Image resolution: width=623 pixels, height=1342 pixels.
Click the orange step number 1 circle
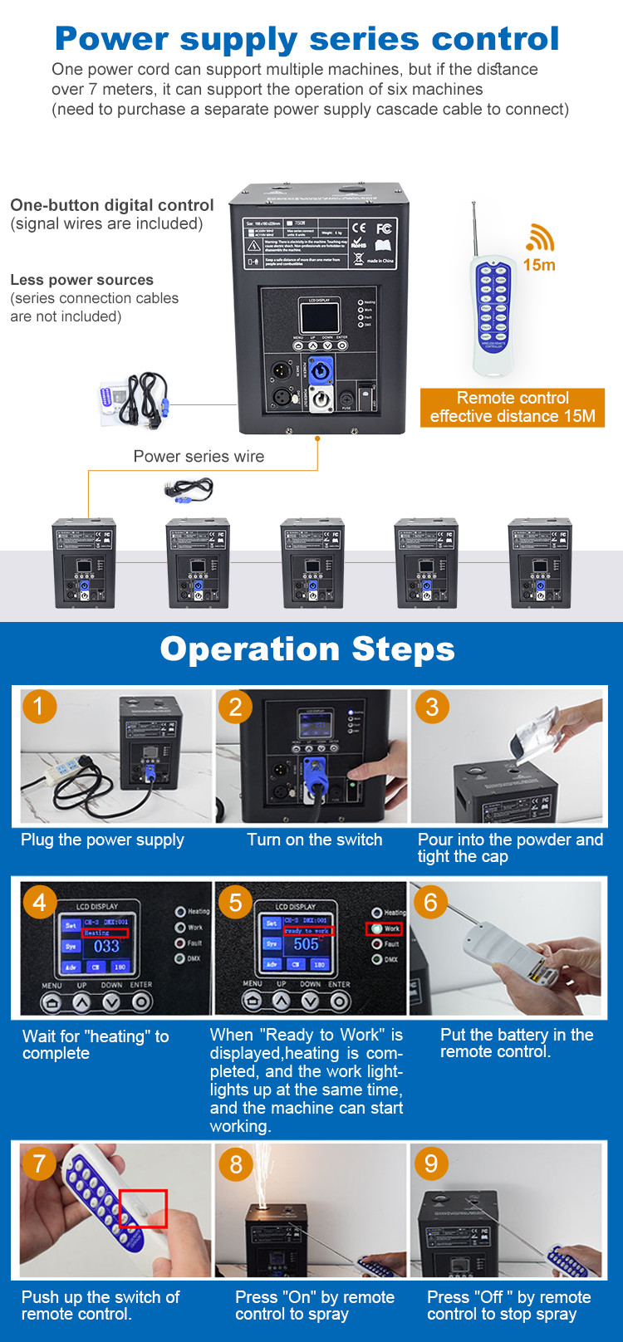(x=38, y=707)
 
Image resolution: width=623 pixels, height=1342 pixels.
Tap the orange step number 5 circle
(x=235, y=902)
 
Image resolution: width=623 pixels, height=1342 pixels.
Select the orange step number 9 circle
(x=430, y=1163)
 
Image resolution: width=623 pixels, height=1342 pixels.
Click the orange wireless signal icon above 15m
(x=540, y=238)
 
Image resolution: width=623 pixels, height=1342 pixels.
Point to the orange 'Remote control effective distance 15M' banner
(x=513, y=407)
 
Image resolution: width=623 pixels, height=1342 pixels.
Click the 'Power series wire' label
(x=199, y=456)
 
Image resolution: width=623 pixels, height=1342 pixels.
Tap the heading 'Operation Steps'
(x=307, y=649)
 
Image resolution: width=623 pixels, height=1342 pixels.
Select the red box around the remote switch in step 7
(x=143, y=1208)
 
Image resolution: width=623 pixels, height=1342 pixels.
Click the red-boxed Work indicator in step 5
(x=384, y=928)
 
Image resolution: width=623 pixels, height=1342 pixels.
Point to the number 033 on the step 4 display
(x=106, y=946)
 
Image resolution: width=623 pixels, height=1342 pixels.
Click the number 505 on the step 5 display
(x=306, y=944)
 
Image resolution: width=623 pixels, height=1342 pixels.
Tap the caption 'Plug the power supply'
(x=102, y=840)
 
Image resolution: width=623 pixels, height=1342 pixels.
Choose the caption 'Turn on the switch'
(x=314, y=840)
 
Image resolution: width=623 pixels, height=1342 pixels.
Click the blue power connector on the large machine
(x=320, y=373)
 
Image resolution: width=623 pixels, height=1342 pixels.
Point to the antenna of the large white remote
(x=475, y=228)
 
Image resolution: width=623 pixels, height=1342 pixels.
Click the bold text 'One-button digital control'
(x=112, y=205)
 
